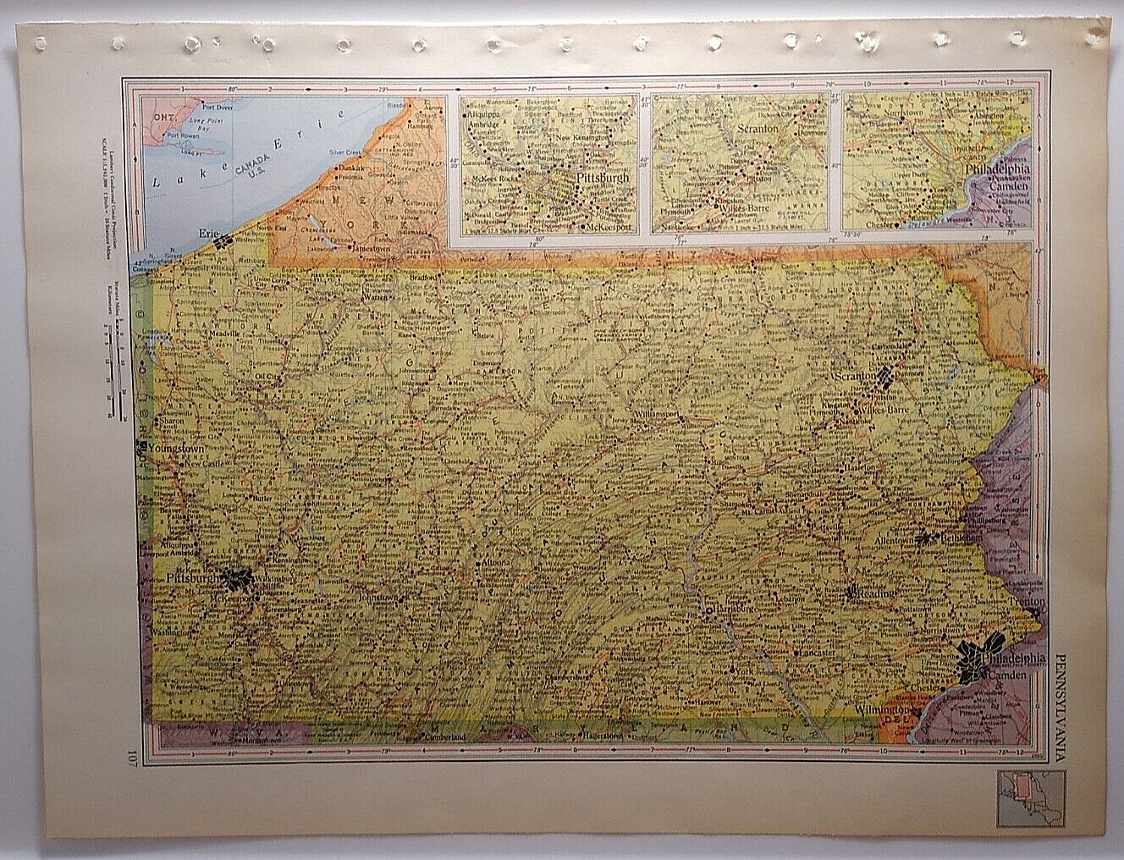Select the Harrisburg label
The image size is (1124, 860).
(x=730, y=608)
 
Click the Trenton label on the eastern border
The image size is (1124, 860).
(x=1028, y=602)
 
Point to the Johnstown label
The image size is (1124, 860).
(x=377, y=597)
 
